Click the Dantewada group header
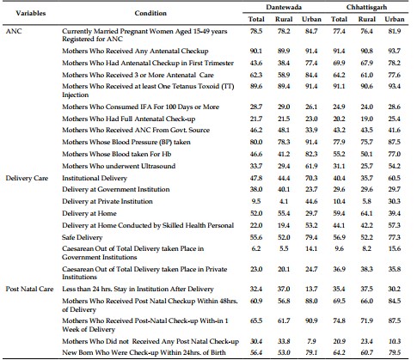(284, 7)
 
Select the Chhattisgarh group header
(366, 7)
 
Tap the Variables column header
(31, 13)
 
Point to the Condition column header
(150, 13)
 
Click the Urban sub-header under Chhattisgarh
(395, 19)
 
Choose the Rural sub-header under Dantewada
(284, 19)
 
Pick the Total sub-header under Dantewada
(256, 19)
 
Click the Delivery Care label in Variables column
(27, 178)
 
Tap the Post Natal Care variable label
(29, 289)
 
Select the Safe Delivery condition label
(82, 237)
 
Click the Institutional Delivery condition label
(95, 178)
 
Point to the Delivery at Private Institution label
(107, 201)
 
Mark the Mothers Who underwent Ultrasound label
(119, 166)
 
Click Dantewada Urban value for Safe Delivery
(311, 237)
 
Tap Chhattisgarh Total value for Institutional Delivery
(339, 178)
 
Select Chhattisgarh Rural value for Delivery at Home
(366, 213)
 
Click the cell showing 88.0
(311, 301)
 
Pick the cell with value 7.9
(311, 341)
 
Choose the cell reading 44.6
(311, 201)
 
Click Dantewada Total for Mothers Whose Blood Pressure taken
(256, 142)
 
